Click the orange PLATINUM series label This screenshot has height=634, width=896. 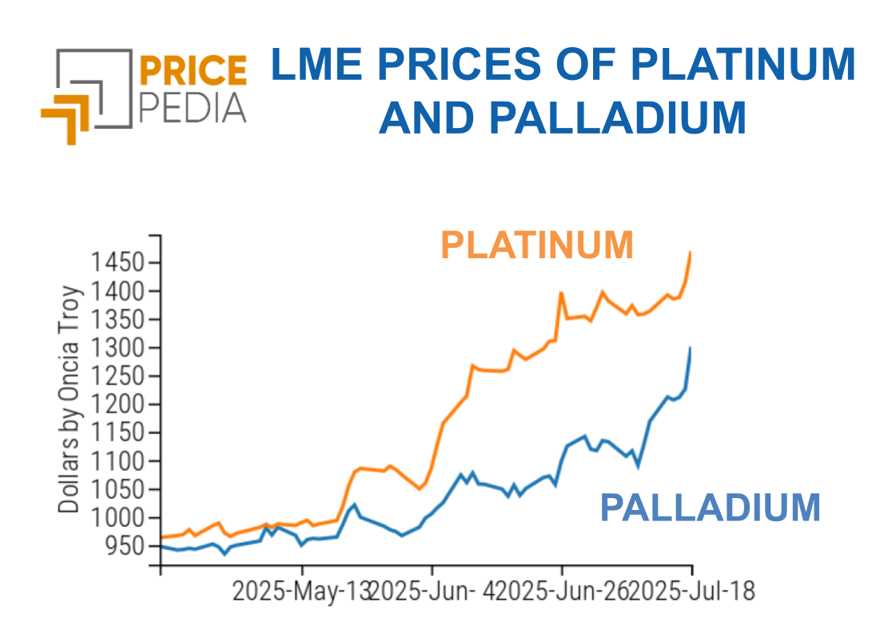click(x=537, y=245)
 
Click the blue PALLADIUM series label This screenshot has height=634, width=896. click(x=710, y=507)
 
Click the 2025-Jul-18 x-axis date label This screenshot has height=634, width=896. click(x=692, y=592)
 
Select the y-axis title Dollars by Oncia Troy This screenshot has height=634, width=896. click(x=70, y=398)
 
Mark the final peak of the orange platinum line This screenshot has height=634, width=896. click(x=690, y=253)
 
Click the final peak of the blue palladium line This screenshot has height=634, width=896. click(x=690, y=348)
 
